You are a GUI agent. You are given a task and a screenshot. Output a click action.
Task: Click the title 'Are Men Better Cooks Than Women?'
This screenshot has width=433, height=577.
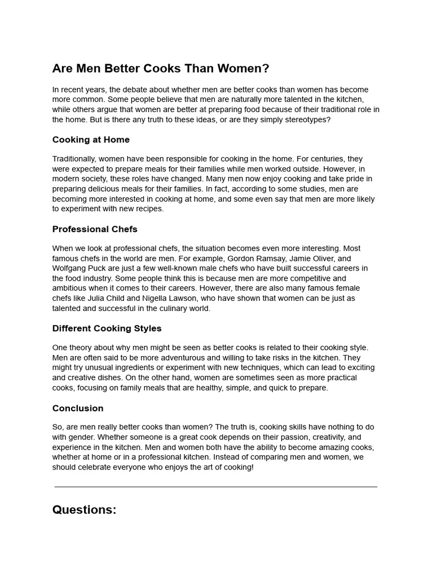coord(161,69)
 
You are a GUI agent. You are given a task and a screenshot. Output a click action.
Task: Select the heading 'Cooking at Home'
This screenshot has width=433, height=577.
coord(91,140)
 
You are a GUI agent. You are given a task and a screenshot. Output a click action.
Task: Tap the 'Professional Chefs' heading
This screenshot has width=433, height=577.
coord(95,229)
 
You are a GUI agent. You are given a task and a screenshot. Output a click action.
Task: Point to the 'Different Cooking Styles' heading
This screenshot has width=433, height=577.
coord(107,329)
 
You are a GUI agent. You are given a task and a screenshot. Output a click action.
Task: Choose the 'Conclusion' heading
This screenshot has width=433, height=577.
coord(78,409)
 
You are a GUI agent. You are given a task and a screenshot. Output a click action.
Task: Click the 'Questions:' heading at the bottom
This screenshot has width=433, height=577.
coord(84,510)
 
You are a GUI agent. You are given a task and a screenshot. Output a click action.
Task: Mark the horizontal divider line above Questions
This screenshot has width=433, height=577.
coord(216,486)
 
